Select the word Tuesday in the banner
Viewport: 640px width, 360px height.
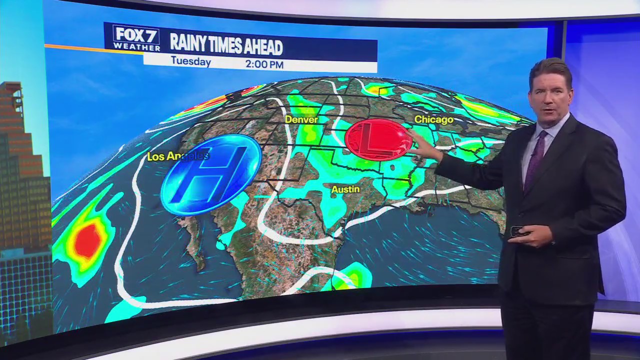click(x=190, y=62)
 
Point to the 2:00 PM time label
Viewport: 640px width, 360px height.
click(x=264, y=64)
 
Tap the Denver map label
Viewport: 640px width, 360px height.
click(x=301, y=120)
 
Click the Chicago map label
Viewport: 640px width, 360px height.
click(x=433, y=119)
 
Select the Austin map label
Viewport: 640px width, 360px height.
click(x=345, y=189)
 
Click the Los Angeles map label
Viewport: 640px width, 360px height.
click(x=177, y=156)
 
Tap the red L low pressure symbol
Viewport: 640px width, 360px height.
click(x=378, y=140)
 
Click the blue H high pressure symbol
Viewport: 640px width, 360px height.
click(x=211, y=175)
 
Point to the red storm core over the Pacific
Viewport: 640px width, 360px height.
click(x=88, y=241)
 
